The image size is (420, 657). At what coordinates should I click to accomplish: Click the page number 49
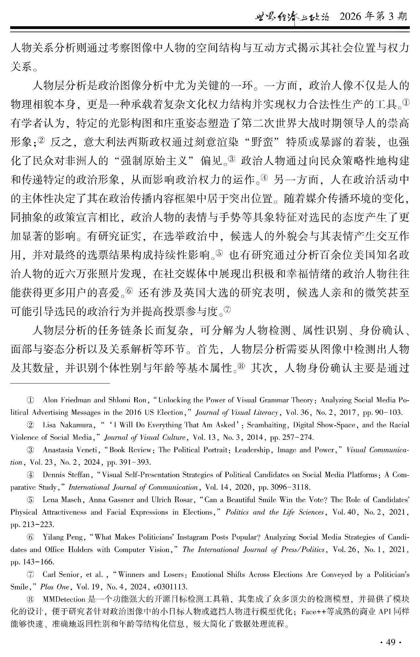[390, 642]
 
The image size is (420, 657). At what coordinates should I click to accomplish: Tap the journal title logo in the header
[292, 17]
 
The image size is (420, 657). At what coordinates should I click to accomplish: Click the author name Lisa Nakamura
[68, 425]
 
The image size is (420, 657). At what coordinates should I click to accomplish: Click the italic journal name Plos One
[55, 587]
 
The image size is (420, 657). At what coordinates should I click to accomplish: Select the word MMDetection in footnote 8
[64, 599]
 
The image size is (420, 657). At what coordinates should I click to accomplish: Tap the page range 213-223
[38, 525]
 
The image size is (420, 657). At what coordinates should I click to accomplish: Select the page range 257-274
[292, 437]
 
